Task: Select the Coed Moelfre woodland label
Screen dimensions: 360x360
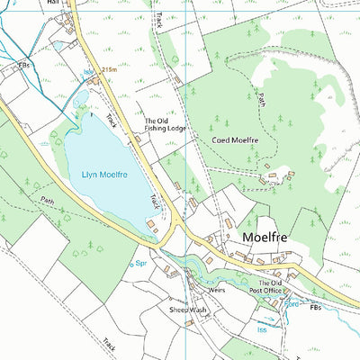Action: click(235, 139)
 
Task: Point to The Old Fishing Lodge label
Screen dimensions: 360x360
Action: click(166, 124)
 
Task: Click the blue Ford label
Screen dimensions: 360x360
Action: click(290, 302)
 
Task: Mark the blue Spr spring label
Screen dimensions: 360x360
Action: click(140, 264)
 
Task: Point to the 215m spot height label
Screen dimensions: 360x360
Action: click(110, 68)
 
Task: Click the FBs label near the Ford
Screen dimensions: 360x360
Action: click(314, 308)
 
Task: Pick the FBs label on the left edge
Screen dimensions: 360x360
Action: click(23, 66)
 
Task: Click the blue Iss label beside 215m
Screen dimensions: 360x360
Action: click(88, 70)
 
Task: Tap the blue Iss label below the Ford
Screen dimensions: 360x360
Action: click(263, 330)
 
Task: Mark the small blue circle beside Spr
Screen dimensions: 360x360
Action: click(127, 264)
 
